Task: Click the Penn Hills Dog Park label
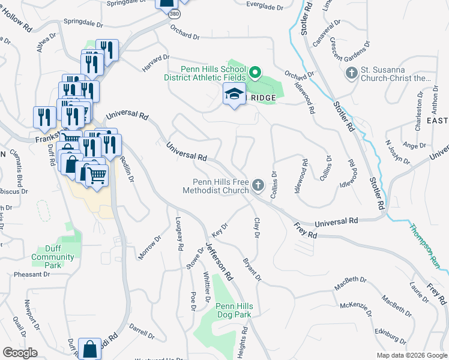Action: pyautogui.click(x=234, y=310)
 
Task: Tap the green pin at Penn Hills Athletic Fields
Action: pyautogui.click(x=255, y=74)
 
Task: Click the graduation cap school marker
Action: pyautogui.click(x=234, y=94)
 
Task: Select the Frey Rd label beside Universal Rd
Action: pyautogui.click(x=305, y=231)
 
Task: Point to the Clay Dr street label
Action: pyautogui.click(x=256, y=227)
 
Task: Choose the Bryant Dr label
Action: pyautogui.click(x=252, y=269)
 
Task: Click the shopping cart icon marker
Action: pyautogui.click(x=97, y=175)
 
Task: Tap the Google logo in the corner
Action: pyautogui.click(x=20, y=353)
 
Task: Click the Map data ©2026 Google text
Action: pyautogui.click(x=411, y=355)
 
